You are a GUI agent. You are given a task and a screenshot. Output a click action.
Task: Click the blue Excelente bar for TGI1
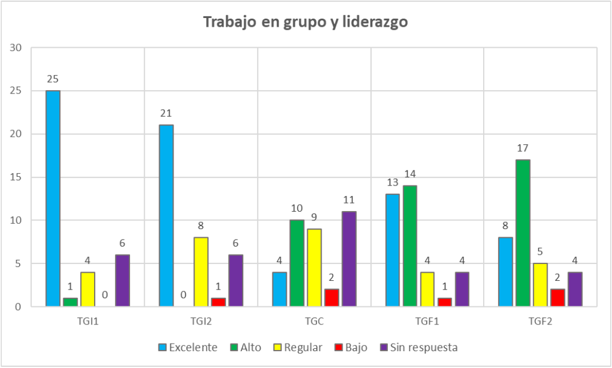click(53, 198)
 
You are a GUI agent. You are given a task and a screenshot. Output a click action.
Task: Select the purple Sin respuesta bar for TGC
click(349, 259)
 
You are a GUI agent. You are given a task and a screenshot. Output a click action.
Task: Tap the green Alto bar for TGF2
click(523, 233)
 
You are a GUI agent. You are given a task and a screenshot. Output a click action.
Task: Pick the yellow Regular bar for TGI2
click(201, 271)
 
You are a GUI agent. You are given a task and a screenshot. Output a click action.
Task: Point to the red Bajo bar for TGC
click(332, 297)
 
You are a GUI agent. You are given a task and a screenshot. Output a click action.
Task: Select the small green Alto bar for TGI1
click(70, 302)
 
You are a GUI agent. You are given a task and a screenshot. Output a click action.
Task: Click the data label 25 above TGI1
click(53, 79)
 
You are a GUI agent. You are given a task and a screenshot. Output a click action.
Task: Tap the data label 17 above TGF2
click(523, 148)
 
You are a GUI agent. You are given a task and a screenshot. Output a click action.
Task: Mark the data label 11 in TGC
click(349, 199)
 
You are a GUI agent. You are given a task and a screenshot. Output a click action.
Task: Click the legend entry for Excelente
click(188, 348)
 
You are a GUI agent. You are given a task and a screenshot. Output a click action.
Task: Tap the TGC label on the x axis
click(314, 319)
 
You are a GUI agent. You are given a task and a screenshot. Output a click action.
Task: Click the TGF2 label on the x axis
click(540, 319)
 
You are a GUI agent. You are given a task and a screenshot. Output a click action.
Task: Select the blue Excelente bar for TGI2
click(166, 216)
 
